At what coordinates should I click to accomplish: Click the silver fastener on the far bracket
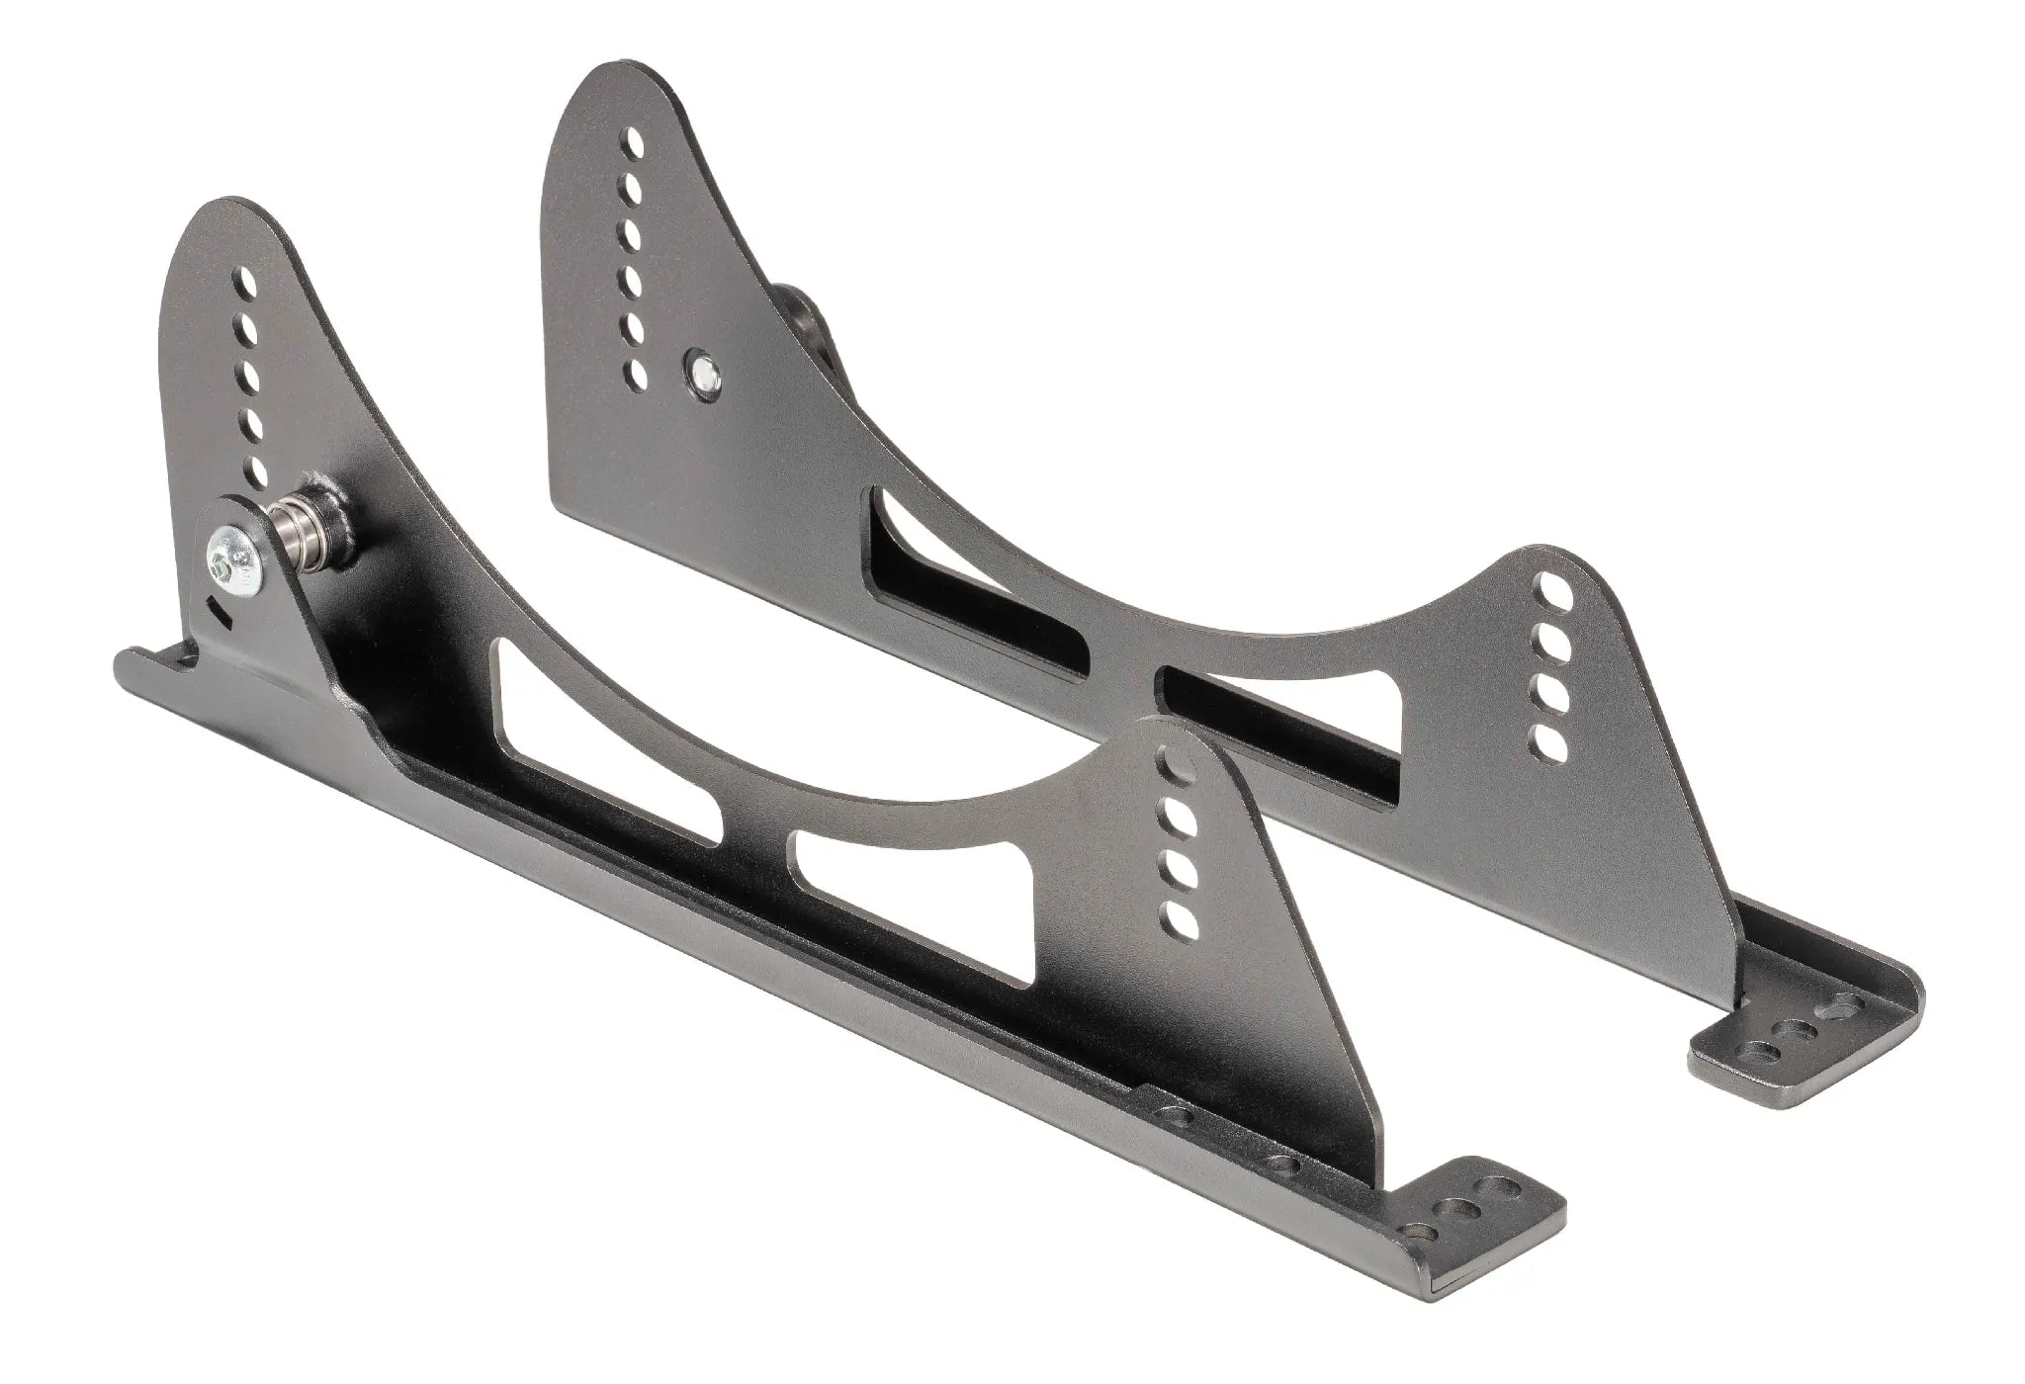(x=704, y=370)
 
